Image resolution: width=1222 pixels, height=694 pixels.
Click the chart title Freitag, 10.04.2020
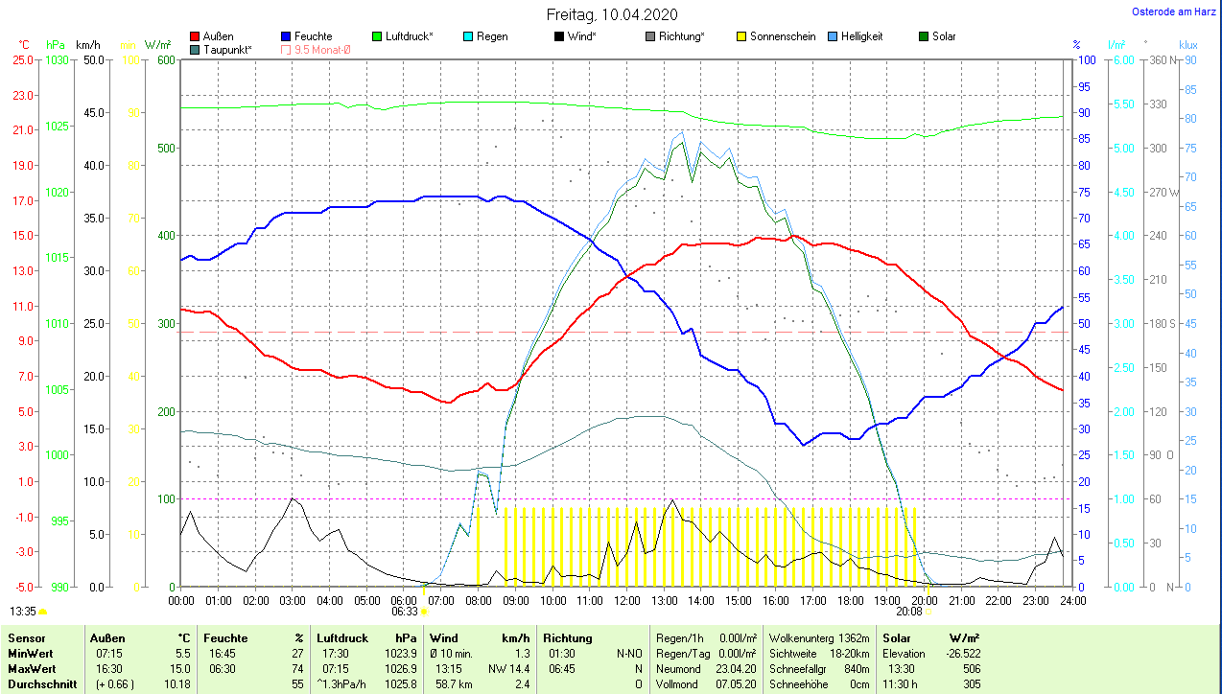click(x=612, y=14)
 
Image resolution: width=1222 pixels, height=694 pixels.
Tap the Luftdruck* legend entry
click(x=409, y=36)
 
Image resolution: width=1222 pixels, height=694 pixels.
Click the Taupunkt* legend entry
click(x=227, y=49)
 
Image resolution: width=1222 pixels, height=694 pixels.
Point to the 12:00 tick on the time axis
click(x=626, y=600)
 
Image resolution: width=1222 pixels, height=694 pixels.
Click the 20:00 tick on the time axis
click(x=924, y=600)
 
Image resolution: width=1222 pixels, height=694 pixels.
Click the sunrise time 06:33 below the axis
click(x=405, y=611)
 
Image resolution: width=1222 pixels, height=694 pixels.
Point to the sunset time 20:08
click(x=909, y=611)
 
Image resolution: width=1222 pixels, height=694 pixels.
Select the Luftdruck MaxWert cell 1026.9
click(x=400, y=668)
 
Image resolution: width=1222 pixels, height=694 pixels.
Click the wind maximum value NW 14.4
click(x=508, y=668)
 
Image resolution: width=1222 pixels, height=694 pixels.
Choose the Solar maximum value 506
click(x=971, y=668)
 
